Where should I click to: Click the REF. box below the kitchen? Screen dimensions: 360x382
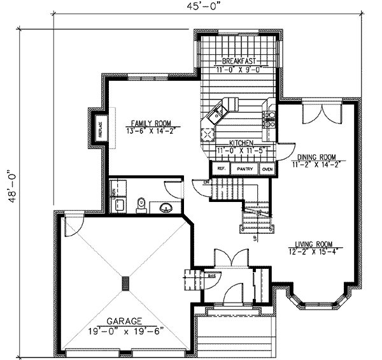220,169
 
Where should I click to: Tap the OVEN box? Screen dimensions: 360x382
267,169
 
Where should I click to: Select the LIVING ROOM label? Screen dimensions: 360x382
316,243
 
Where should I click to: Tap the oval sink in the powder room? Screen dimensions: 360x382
167,206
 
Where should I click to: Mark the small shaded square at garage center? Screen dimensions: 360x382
126,283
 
